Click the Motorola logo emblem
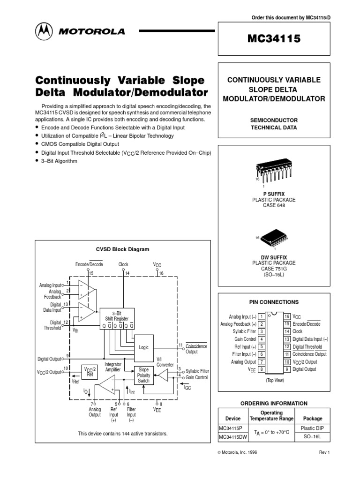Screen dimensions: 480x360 [x=44, y=31]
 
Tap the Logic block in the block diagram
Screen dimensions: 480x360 [x=143, y=347]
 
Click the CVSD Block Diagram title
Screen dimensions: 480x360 [x=122, y=249]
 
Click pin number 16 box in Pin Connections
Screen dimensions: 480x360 [x=287, y=316]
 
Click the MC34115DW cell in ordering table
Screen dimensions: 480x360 [x=233, y=437]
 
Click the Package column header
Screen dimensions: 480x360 [x=313, y=418]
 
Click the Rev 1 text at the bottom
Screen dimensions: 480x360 [x=325, y=452]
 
